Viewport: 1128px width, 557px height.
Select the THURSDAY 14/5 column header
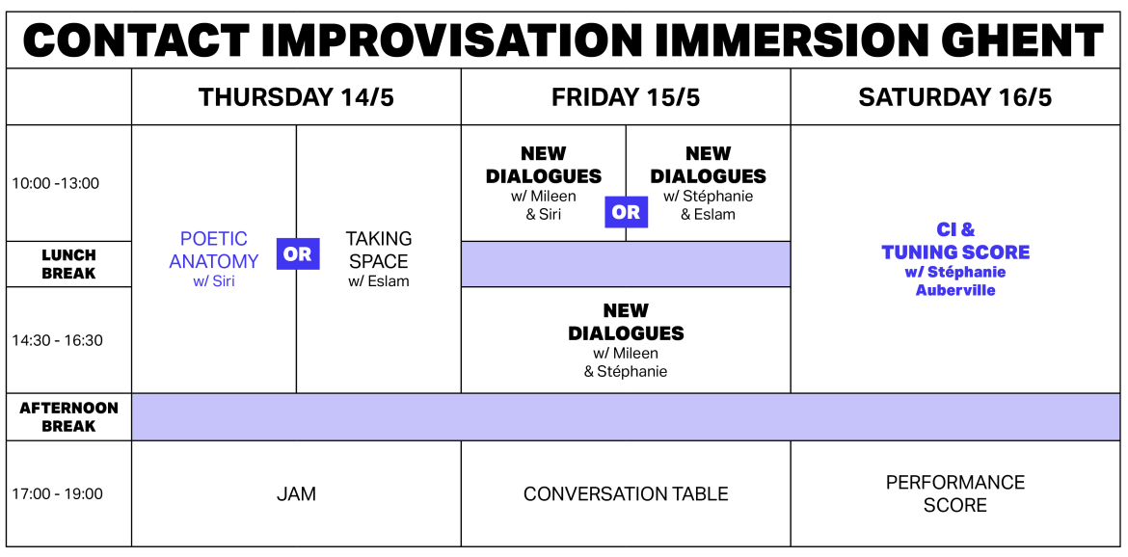coord(296,97)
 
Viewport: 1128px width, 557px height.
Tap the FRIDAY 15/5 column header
coord(626,97)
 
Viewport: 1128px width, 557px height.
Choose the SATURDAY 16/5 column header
coord(954,97)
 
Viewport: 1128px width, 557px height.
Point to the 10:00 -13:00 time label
coord(56,183)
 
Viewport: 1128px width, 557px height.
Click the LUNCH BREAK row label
coord(68,264)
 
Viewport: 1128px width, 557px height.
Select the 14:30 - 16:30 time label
coord(57,340)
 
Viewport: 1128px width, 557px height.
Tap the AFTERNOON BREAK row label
coord(68,416)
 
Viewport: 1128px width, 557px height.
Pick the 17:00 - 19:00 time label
coord(57,493)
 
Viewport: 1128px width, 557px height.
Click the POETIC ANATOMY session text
coord(214,251)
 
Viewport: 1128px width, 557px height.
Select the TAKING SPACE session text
coord(379,251)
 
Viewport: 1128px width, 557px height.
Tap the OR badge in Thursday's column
coord(298,253)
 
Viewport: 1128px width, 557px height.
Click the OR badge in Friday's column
coord(626,212)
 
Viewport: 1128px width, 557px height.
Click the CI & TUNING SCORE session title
coord(955,241)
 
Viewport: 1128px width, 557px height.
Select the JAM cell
coord(296,494)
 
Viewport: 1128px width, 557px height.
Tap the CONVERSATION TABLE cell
coord(626,494)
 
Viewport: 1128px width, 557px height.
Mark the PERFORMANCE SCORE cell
coord(955,493)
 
